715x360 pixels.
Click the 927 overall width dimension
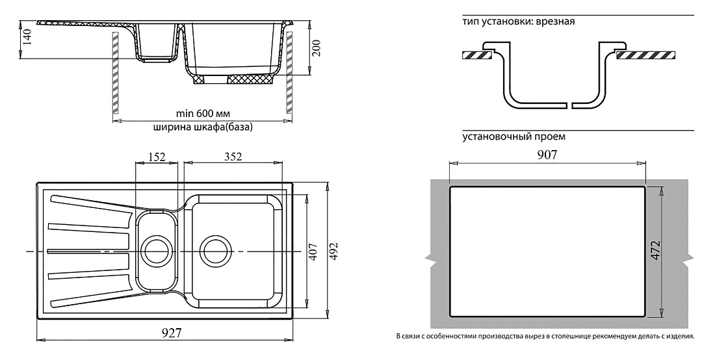click(172, 333)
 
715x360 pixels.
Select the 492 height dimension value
click(334, 251)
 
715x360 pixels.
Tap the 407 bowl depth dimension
click(313, 251)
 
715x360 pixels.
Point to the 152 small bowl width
click(157, 157)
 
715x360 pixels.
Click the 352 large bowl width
click(233, 157)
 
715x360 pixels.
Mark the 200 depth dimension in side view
click(317, 48)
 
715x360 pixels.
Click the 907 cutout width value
click(547, 155)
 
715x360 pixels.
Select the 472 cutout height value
click(655, 250)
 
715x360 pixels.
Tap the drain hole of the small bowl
click(157, 251)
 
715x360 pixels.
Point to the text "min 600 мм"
click(203, 113)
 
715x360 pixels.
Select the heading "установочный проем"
click(514, 136)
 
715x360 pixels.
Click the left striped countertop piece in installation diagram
click(476, 56)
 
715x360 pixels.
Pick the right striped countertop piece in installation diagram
click(645, 56)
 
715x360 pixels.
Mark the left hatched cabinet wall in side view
click(116, 73)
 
